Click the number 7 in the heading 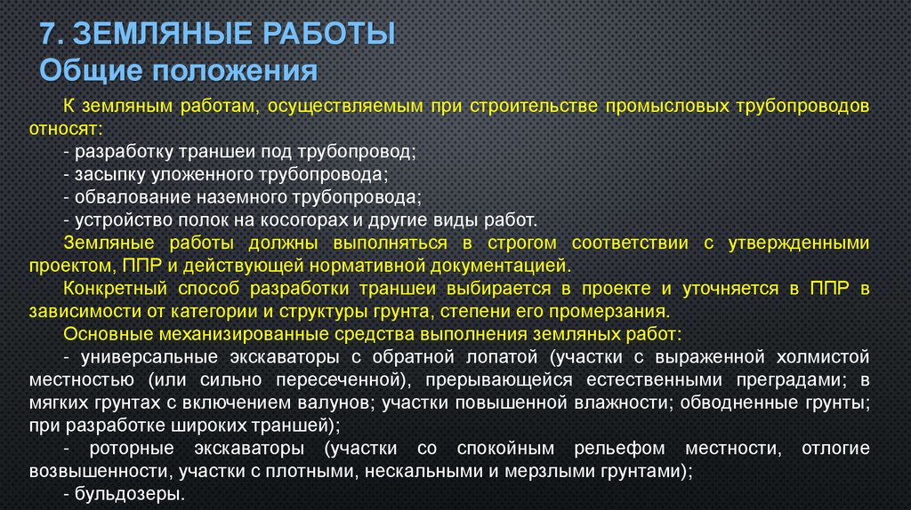pyautogui.click(x=49, y=35)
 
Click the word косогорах pyautogui.click(x=319, y=219)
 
